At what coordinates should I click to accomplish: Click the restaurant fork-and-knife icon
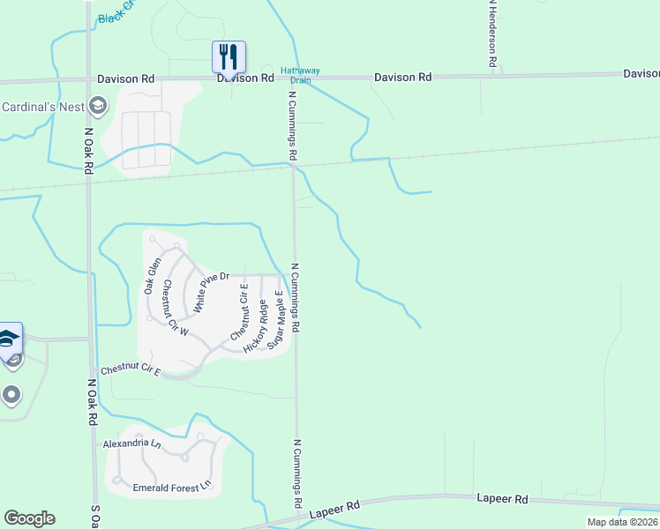pyautogui.click(x=229, y=56)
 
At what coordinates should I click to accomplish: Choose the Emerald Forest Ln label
pyautogui.click(x=172, y=486)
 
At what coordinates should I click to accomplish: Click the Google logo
pyautogui.click(x=29, y=518)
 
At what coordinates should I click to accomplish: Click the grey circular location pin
pyautogui.click(x=11, y=394)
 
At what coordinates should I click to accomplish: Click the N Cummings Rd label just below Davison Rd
pyautogui.click(x=291, y=124)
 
